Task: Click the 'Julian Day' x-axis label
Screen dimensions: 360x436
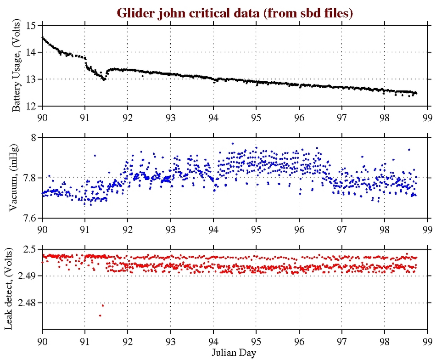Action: click(235, 353)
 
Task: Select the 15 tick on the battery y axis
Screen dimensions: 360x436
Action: click(32, 26)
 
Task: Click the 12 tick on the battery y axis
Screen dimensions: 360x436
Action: click(32, 107)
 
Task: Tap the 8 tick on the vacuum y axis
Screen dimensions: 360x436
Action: click(35, 138)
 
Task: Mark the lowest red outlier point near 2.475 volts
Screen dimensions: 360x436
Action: click(100, 315)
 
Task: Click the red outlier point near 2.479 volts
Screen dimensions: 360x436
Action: click(103, 305)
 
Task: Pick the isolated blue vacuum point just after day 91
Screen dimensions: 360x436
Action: click(95, 155)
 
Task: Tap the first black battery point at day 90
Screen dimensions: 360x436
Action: click(42, 38)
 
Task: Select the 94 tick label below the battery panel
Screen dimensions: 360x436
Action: click(213, 116)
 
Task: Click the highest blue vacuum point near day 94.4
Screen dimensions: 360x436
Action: click(233, 143)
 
